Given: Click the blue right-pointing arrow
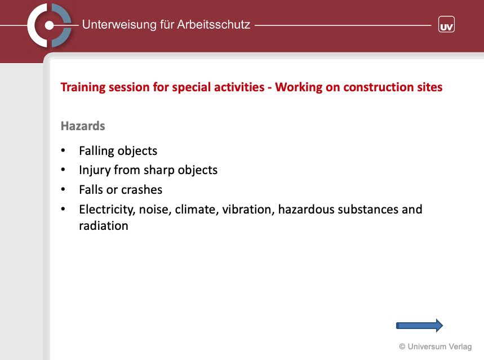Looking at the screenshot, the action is click(x=420, y=326).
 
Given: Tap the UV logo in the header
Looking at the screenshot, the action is click(x=446, y=24).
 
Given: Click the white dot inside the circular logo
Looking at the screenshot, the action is click(x=49, y=25).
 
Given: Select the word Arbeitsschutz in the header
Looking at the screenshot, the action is click(x=214, y=24).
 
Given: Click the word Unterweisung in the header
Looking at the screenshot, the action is click(x=119, y=25).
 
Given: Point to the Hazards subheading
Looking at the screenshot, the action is click(x=83, y=126).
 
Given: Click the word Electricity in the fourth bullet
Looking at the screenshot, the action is click(x=107, y=210).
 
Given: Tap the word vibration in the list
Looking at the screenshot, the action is click(x=248, y=210).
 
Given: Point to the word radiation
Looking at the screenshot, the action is click(x=104, y=226).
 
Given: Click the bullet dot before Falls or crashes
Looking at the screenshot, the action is click(x=63, y=189).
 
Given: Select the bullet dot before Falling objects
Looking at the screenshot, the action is click(x=63, y=150).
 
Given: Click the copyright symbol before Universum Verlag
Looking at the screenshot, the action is click(x=402, y=346).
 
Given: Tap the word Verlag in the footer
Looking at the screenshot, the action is click(x=460, y=346).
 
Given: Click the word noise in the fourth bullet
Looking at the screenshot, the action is click(x=155, y=210).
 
